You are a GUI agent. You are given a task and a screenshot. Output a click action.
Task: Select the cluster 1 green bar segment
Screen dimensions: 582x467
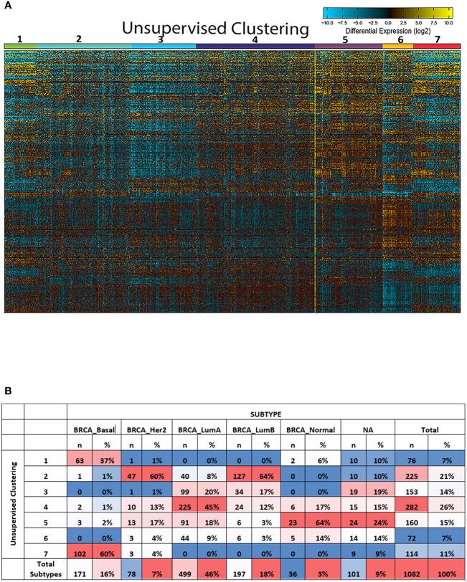(19, 46)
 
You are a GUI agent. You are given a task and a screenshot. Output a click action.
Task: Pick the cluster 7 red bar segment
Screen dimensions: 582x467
(437, 46)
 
